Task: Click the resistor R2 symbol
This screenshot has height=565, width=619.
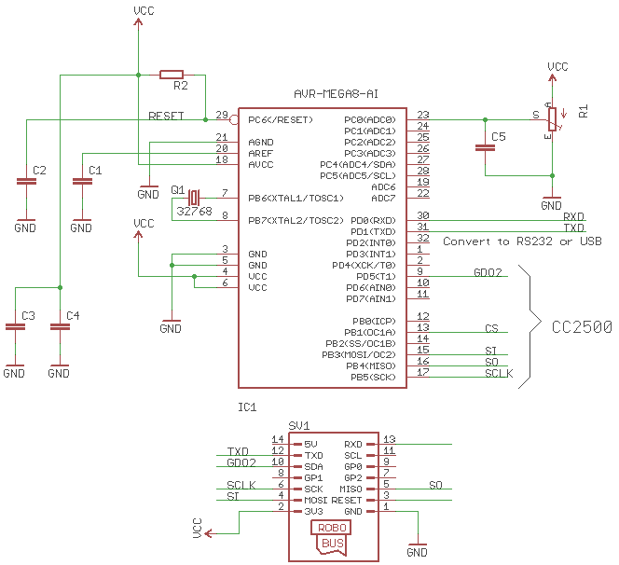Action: (172, 74)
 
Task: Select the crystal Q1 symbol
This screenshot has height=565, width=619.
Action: (194, 198)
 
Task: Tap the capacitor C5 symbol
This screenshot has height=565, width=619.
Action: (485, 147)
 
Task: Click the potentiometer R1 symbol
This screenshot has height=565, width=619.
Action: (552, 119)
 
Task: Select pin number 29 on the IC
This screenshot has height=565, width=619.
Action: (222, 116)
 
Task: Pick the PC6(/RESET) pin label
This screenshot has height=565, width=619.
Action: (281, 120)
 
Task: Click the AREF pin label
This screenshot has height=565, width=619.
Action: (260, 153)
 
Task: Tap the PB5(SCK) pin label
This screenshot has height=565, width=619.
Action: (373, 377)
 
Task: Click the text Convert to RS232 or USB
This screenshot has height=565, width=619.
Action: (522, 241)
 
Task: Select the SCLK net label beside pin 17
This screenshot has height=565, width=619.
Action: (499, 373)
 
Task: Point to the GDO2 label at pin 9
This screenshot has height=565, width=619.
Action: (488, 273)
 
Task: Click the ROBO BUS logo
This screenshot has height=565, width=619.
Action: (333, 536)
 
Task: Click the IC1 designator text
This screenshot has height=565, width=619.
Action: (248, 407)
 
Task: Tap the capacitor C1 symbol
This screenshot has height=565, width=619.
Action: (82, 182)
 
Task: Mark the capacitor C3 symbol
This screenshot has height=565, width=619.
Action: (14, 326)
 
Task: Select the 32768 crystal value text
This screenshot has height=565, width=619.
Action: (194, 212)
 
